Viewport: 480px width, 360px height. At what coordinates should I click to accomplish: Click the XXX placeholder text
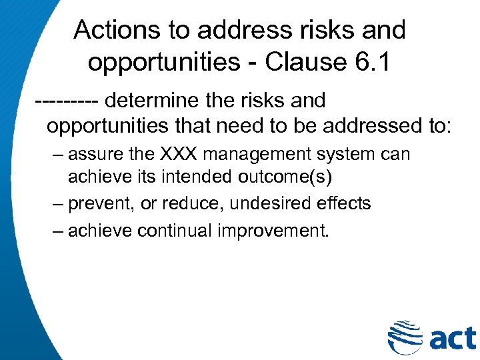pyautogui.click(x=179, y=155)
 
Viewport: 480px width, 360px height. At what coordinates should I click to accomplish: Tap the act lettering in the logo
pyautogui.click(x=451, y=337)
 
